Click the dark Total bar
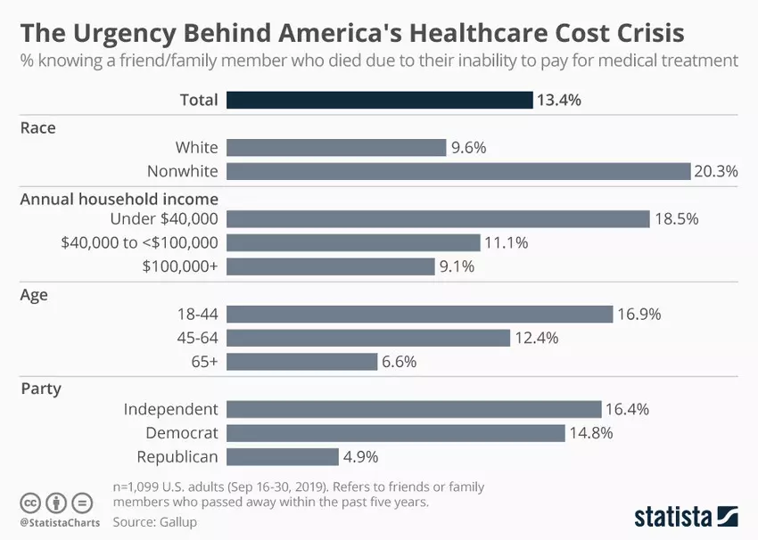point(379,99)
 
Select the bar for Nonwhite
point(458,171)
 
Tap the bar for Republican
point(282,457)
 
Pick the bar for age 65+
point(301,362)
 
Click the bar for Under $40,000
point(437,219)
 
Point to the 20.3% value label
point(717,171)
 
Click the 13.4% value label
point(558,100)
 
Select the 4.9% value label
point(360,457)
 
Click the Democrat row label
point(182,433)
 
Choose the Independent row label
point(170,409)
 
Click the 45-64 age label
point(197,338)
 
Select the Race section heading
point(37,127)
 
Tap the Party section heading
point(40,389)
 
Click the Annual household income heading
point(119,199)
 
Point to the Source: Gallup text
point(154,522)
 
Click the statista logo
point(686,516)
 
